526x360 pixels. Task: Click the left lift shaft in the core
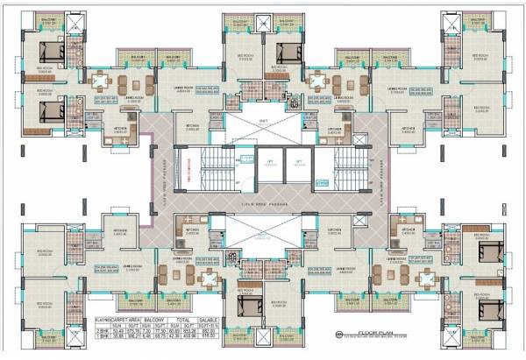(267, 166)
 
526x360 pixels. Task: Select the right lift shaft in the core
(298, 166)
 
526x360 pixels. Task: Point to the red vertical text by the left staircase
(191, 166)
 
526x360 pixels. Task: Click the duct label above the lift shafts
(263, 122)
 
